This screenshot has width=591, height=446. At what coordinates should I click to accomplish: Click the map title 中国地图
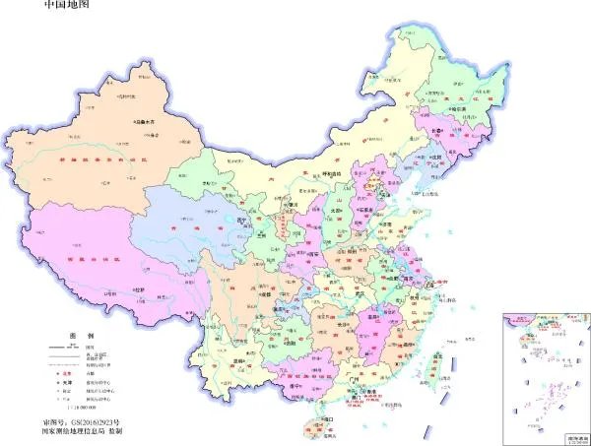[x=71, y=7]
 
